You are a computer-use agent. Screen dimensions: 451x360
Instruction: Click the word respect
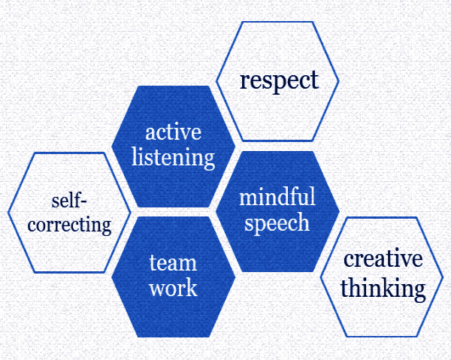[279, 81]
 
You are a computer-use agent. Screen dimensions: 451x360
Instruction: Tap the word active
[173, 132]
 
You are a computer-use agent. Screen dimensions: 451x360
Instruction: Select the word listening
[173, 158]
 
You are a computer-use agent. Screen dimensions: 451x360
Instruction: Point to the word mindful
[277, 196]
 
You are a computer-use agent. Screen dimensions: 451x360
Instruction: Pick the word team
[173, 263]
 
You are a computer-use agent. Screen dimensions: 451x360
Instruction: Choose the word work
[173, 288]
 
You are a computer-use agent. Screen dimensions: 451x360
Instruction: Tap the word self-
[69, 201]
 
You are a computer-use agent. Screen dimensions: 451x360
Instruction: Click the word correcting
[69, 225]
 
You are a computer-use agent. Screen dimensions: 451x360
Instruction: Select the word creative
[383, 259]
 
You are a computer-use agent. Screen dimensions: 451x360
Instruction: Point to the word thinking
[383, 289]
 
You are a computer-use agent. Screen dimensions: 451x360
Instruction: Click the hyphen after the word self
[83, 201]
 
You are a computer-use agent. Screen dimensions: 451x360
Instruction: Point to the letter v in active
[186, 134]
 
